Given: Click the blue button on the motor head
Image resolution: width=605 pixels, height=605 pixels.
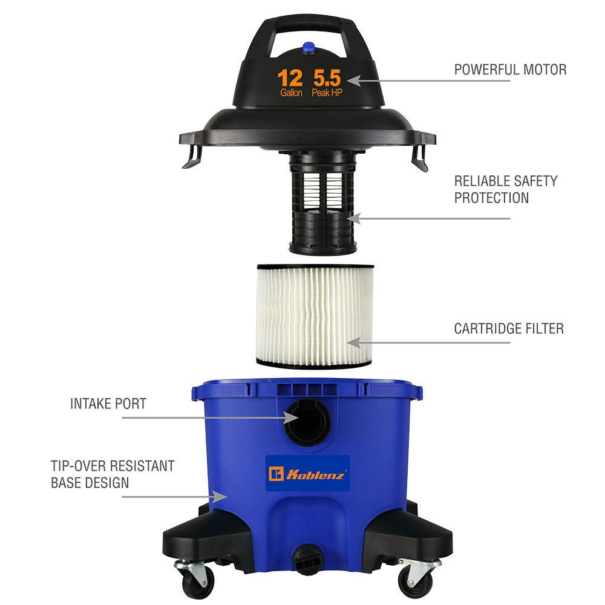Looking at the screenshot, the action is pos(309,48).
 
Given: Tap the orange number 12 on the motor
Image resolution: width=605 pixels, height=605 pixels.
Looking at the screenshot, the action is pos(290,78).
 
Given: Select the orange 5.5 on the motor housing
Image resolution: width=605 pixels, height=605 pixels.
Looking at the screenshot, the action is pos(327,78).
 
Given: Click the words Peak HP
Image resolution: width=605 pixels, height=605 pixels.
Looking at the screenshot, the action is pos(327,93).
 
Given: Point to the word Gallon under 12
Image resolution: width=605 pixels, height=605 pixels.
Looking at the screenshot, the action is pos(292,93).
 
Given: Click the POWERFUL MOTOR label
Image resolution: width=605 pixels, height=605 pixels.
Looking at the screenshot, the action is pos(510,70).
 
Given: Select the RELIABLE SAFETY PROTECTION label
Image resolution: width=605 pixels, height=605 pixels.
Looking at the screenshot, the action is pos(505,189).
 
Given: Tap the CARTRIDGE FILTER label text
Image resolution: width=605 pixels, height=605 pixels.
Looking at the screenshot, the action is pos(509,329).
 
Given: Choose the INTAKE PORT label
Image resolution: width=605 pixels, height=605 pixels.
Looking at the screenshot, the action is pos(108,404).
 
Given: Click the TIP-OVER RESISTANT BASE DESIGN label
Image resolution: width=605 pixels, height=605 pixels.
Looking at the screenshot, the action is pos(113,474).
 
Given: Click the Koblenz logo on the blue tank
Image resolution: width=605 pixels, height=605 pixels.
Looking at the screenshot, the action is pos(307,474).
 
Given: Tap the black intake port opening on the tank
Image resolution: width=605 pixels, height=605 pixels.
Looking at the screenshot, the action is pos(308,421).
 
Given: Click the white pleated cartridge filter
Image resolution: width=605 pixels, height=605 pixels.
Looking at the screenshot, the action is pos(315,316).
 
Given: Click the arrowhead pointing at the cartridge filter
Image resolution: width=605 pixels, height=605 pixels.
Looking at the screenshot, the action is pos(354,342).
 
